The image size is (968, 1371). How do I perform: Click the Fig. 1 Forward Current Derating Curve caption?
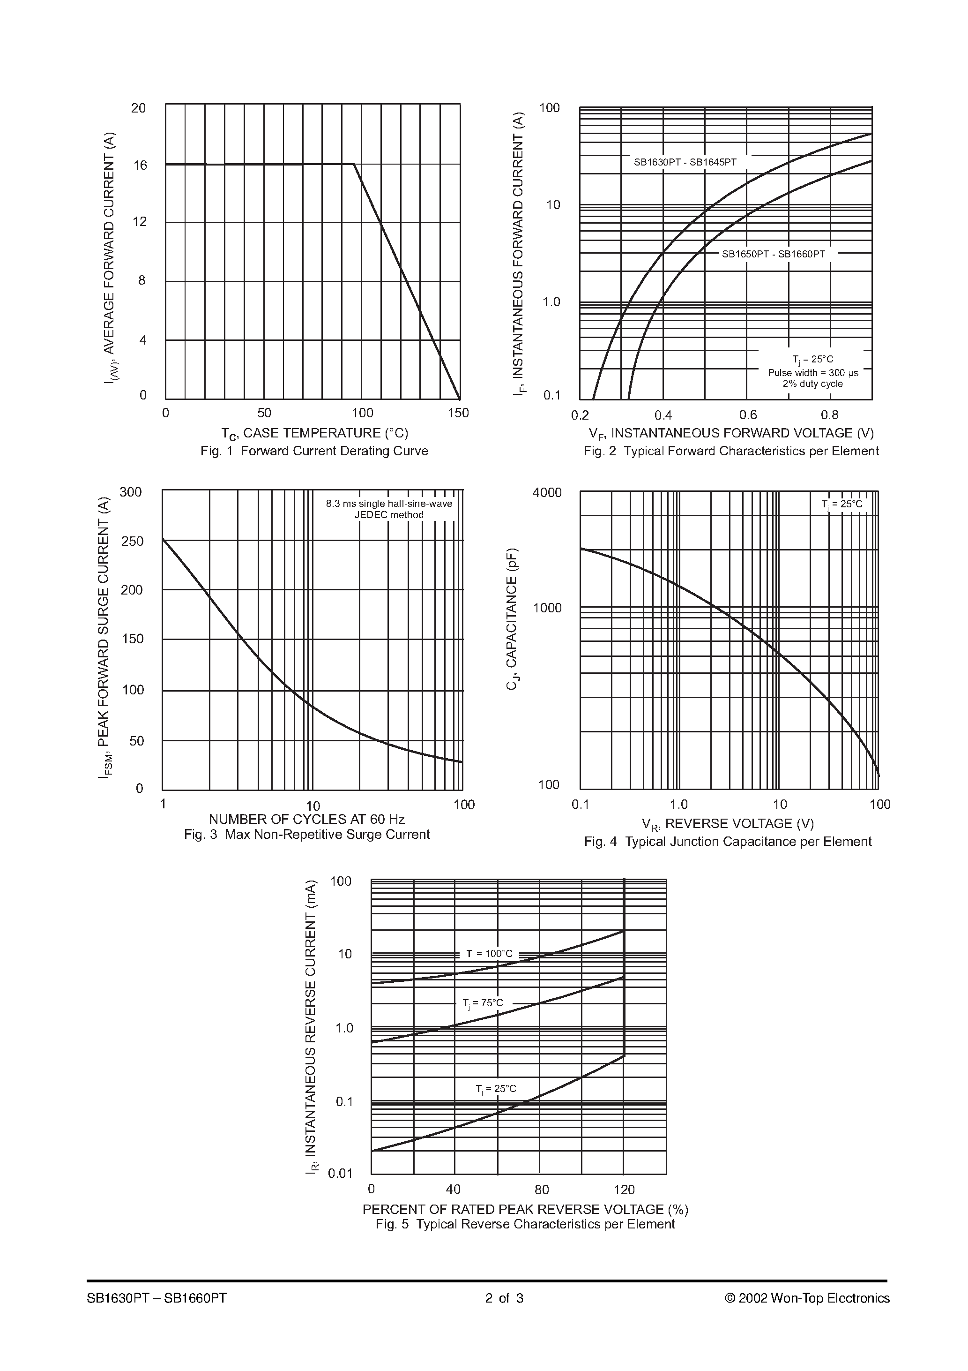(314, 451)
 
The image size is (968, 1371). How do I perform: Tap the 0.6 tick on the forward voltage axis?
(748, 415)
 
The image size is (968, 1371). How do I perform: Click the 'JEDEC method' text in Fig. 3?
(388, 515)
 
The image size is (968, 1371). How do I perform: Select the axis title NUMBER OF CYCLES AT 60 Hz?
(307, 819)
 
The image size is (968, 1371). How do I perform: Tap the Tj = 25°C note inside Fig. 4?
(841, 505)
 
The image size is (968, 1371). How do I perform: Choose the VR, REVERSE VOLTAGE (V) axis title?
(728, 824)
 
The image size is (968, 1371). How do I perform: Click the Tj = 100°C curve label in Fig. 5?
(489, 954)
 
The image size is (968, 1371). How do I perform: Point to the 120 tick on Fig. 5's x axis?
(624, 1190)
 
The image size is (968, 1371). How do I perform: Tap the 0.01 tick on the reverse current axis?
(341, 1173)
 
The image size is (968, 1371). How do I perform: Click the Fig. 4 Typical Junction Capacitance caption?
(728, 841)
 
